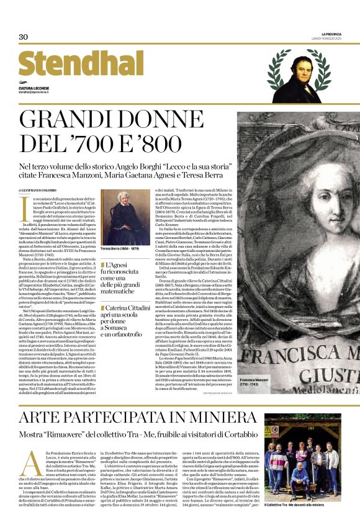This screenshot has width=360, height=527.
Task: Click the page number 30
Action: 24,37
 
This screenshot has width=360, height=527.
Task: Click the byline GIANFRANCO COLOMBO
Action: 40,191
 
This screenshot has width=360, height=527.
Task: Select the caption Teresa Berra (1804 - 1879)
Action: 122,249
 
